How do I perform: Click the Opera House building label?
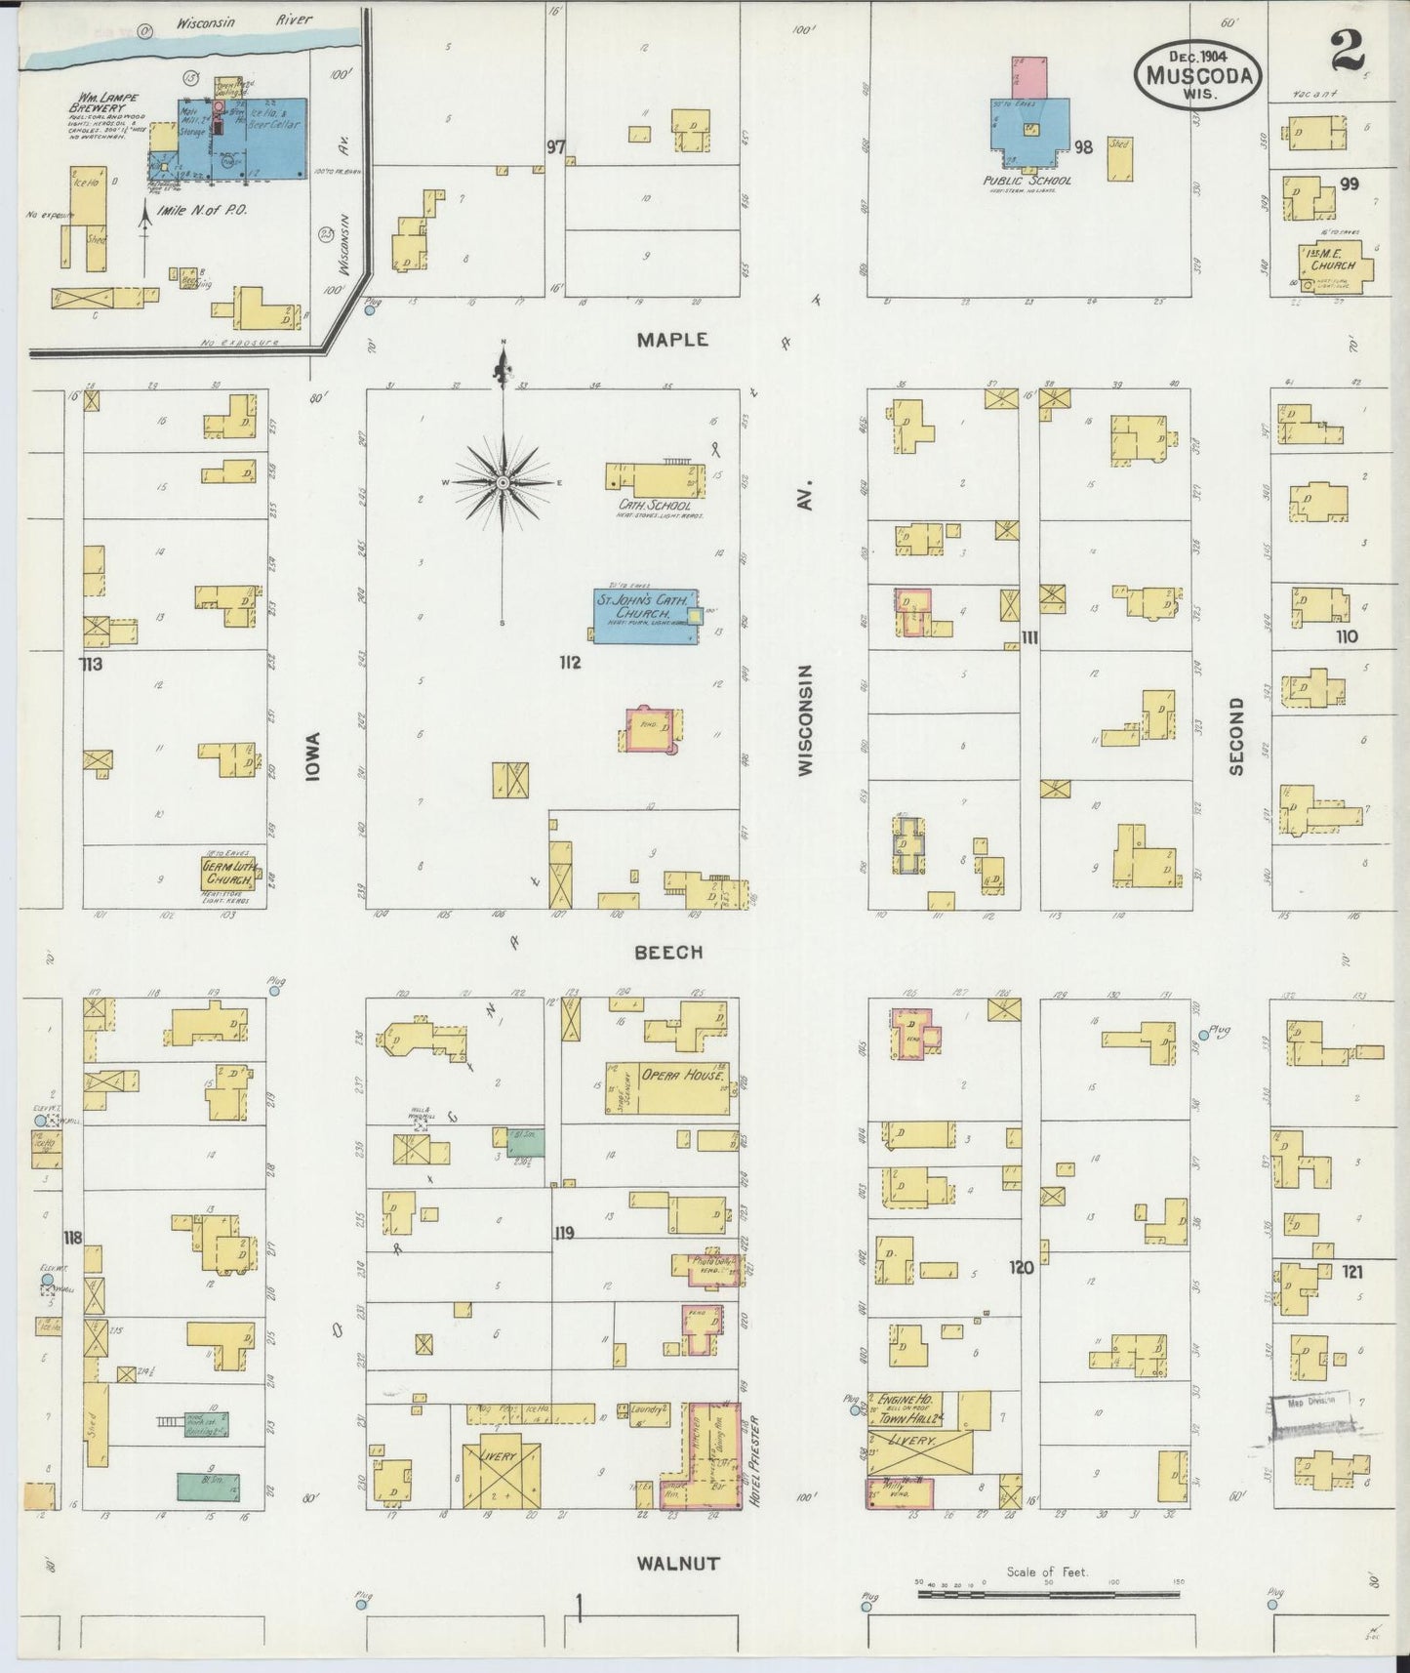tap(683, 1076)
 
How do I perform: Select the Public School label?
tap(1027, 181)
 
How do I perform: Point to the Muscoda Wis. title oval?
tap(1199, 72)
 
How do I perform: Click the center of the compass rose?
tap(503, 482)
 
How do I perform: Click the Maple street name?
tap(671, 340)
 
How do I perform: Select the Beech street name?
tap(668, 952)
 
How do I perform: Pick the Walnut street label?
tap(677, 1563)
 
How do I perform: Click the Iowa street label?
tap(313, 756)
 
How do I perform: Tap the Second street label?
tap(1237, 736)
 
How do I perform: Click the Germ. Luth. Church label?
tap(228, 873)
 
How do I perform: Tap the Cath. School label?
tap(654, 506)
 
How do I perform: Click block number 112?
tap(570, 663)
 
